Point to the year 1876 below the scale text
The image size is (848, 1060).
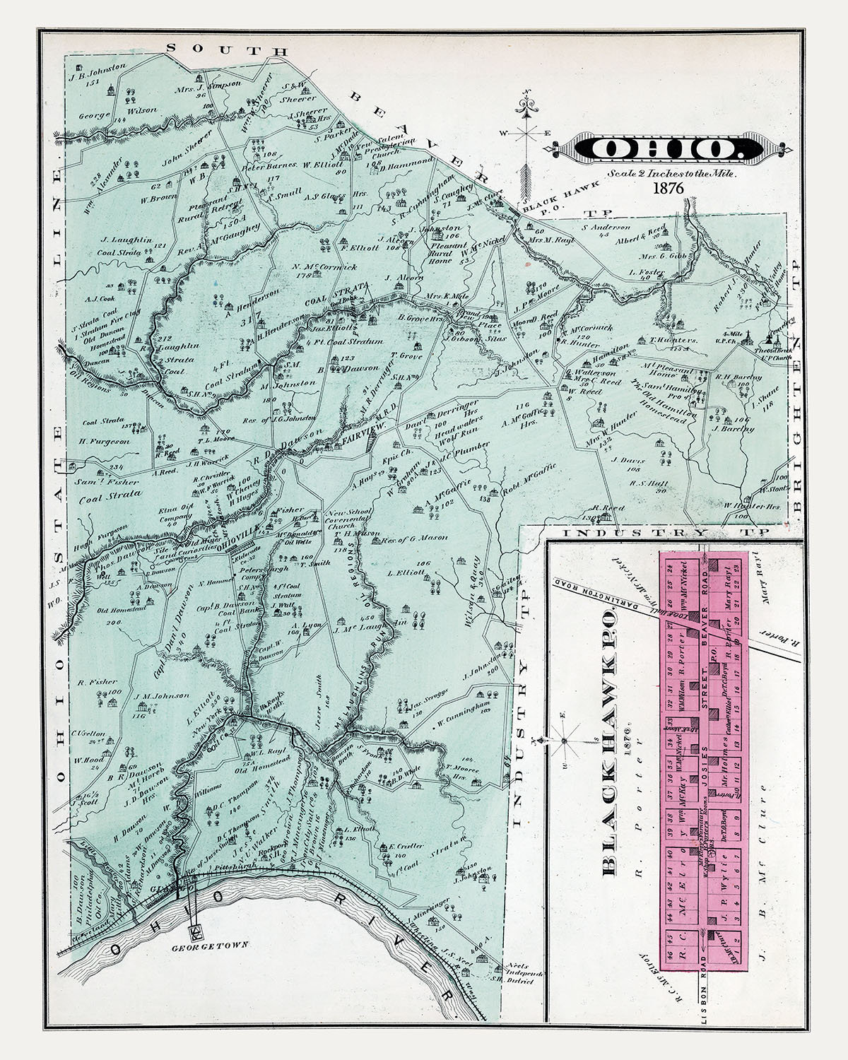click(x=666, y=190)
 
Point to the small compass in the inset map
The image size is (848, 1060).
click(x=564, y=741)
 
